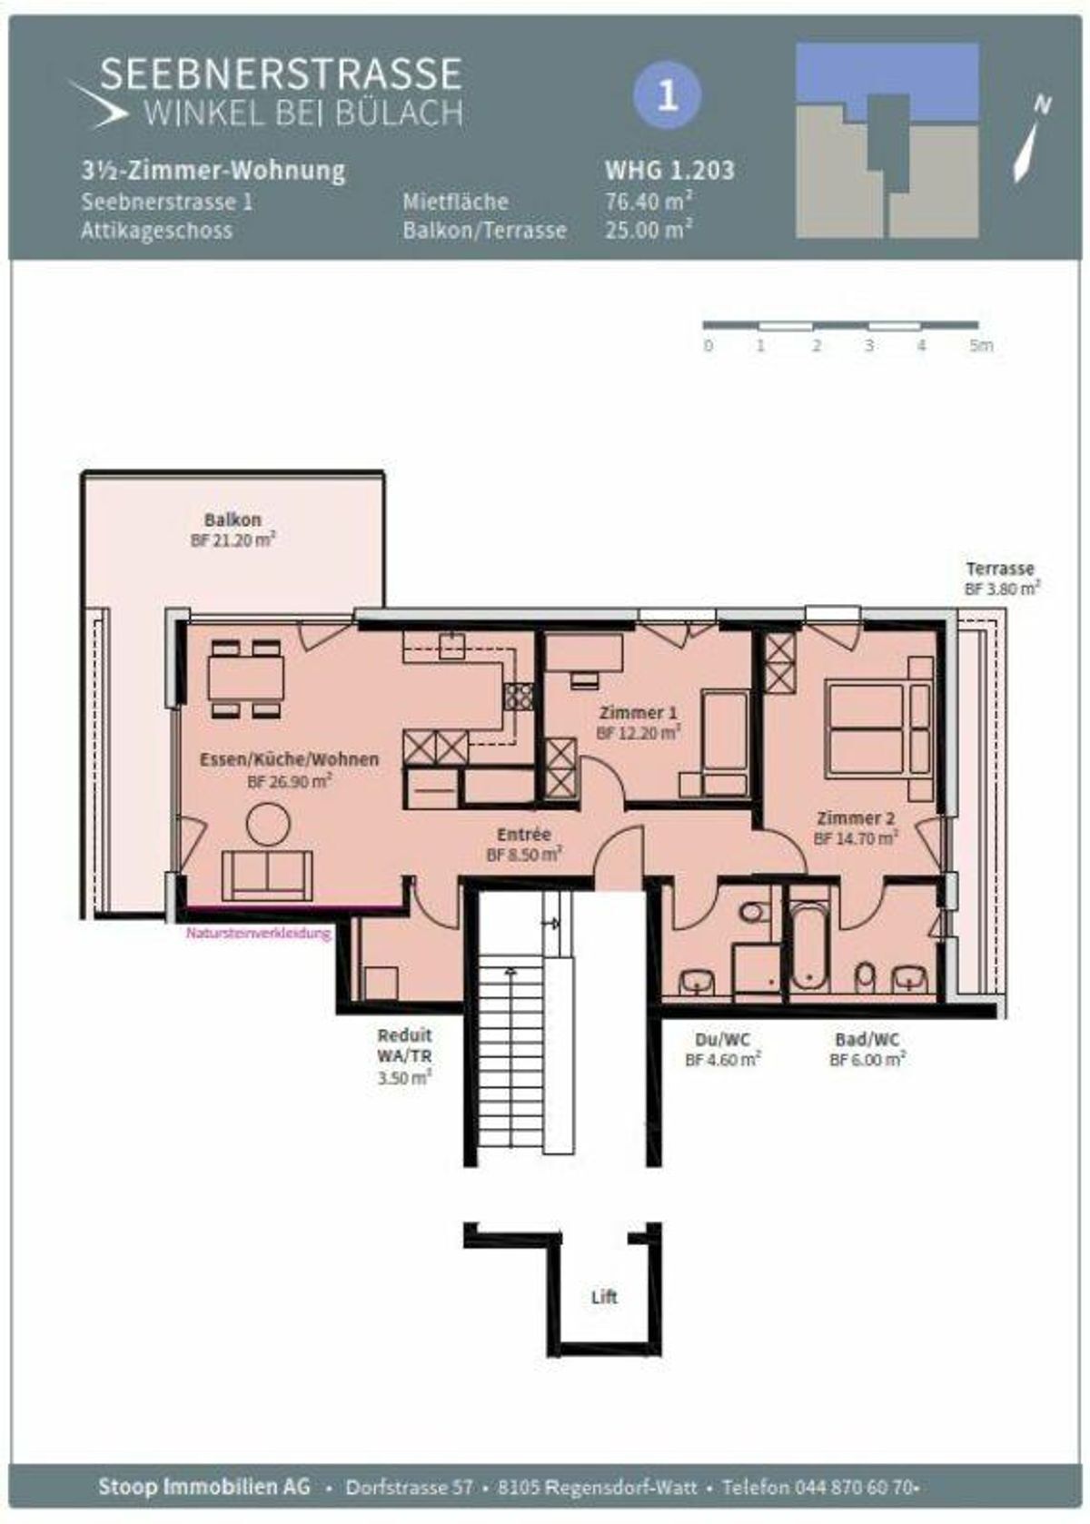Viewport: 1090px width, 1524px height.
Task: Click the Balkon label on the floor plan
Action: [233, 520]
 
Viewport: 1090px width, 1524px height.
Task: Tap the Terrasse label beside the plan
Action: [1000, 569]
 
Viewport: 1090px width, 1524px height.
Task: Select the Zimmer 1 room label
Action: [638, 713]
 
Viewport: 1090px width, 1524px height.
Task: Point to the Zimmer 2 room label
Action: [856, 818]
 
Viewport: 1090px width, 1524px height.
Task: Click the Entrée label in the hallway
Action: [523, 834]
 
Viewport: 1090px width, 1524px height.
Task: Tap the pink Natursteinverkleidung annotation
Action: [259, 934]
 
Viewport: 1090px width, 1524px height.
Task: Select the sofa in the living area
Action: [267, 876]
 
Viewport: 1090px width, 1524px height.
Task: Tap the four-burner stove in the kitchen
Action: [520, 696]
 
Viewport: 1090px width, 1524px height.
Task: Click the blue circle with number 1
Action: [668, 96]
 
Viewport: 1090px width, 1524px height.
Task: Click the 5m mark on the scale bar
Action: [982, 346]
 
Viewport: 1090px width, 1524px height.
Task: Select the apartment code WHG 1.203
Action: [669, 170]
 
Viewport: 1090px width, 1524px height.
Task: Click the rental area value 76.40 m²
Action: [649, 202]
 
